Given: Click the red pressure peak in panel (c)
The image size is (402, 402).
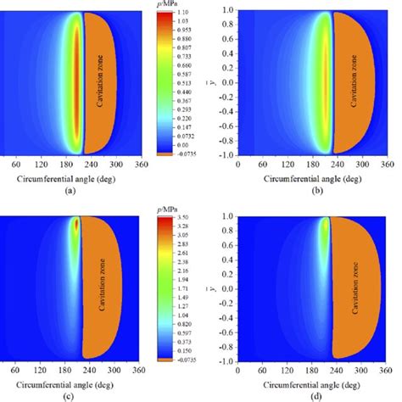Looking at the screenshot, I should coord(75,226).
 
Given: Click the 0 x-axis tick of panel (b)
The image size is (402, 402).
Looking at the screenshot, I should coord(237,164).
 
